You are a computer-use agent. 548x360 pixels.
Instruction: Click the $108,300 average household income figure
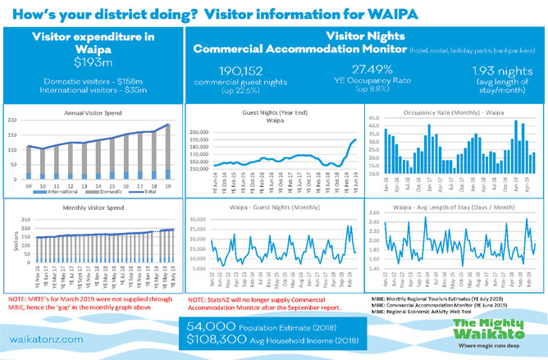217,339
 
